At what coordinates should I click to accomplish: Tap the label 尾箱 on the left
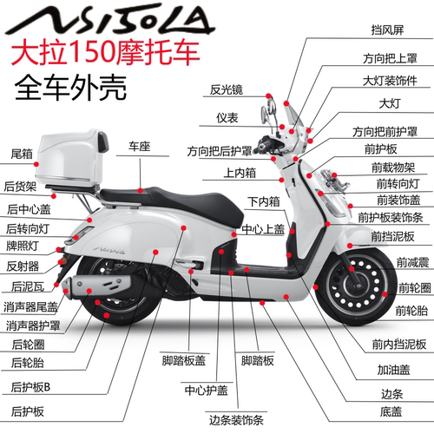[22, 154]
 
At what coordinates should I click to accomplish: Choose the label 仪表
[227, 117]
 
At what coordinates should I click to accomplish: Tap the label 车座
[141, 146]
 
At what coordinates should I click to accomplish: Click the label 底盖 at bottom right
[391, 411]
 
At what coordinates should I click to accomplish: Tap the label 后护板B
[31, 386]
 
